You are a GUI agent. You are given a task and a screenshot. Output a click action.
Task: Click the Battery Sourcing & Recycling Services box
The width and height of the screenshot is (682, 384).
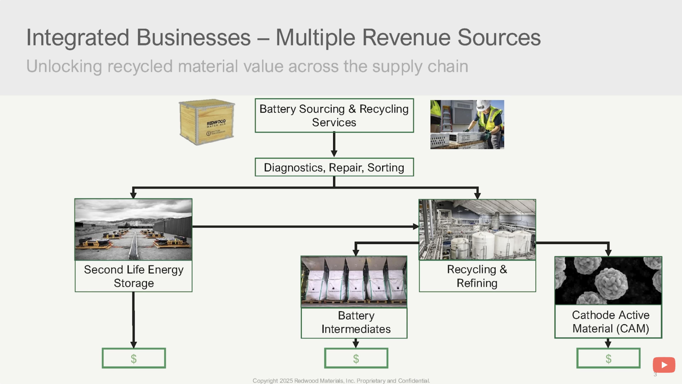334,116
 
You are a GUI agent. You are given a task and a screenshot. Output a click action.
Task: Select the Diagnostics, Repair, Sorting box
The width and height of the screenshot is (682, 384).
334,167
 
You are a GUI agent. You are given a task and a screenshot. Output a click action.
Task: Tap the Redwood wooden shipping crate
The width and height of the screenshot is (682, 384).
207,122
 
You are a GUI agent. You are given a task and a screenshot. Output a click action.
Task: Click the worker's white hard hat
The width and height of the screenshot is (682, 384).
483,105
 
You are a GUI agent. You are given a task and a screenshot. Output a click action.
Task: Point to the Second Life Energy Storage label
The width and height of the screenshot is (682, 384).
134,276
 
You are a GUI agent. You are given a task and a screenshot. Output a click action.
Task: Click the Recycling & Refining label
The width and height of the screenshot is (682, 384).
477,276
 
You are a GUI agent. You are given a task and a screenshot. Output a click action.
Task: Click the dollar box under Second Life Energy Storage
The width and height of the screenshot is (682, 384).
134,358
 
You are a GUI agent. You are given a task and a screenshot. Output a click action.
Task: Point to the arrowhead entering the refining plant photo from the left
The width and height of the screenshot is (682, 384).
416,226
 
